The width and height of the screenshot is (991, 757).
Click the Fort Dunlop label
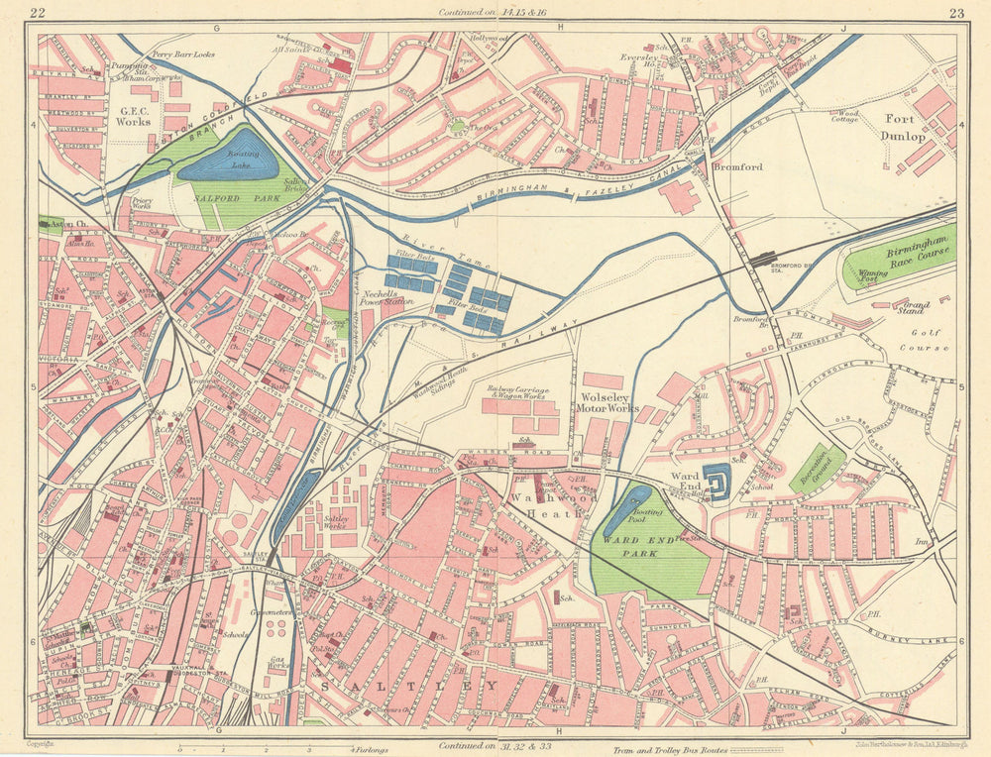click(x=904, y=128)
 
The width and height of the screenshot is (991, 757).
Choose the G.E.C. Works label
click(x=135, y=116)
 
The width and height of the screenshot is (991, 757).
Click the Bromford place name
click(x=738, y=167)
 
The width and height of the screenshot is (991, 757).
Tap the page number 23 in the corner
click(x=955, y=13)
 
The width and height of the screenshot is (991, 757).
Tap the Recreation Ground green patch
click(x=818, y=468)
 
